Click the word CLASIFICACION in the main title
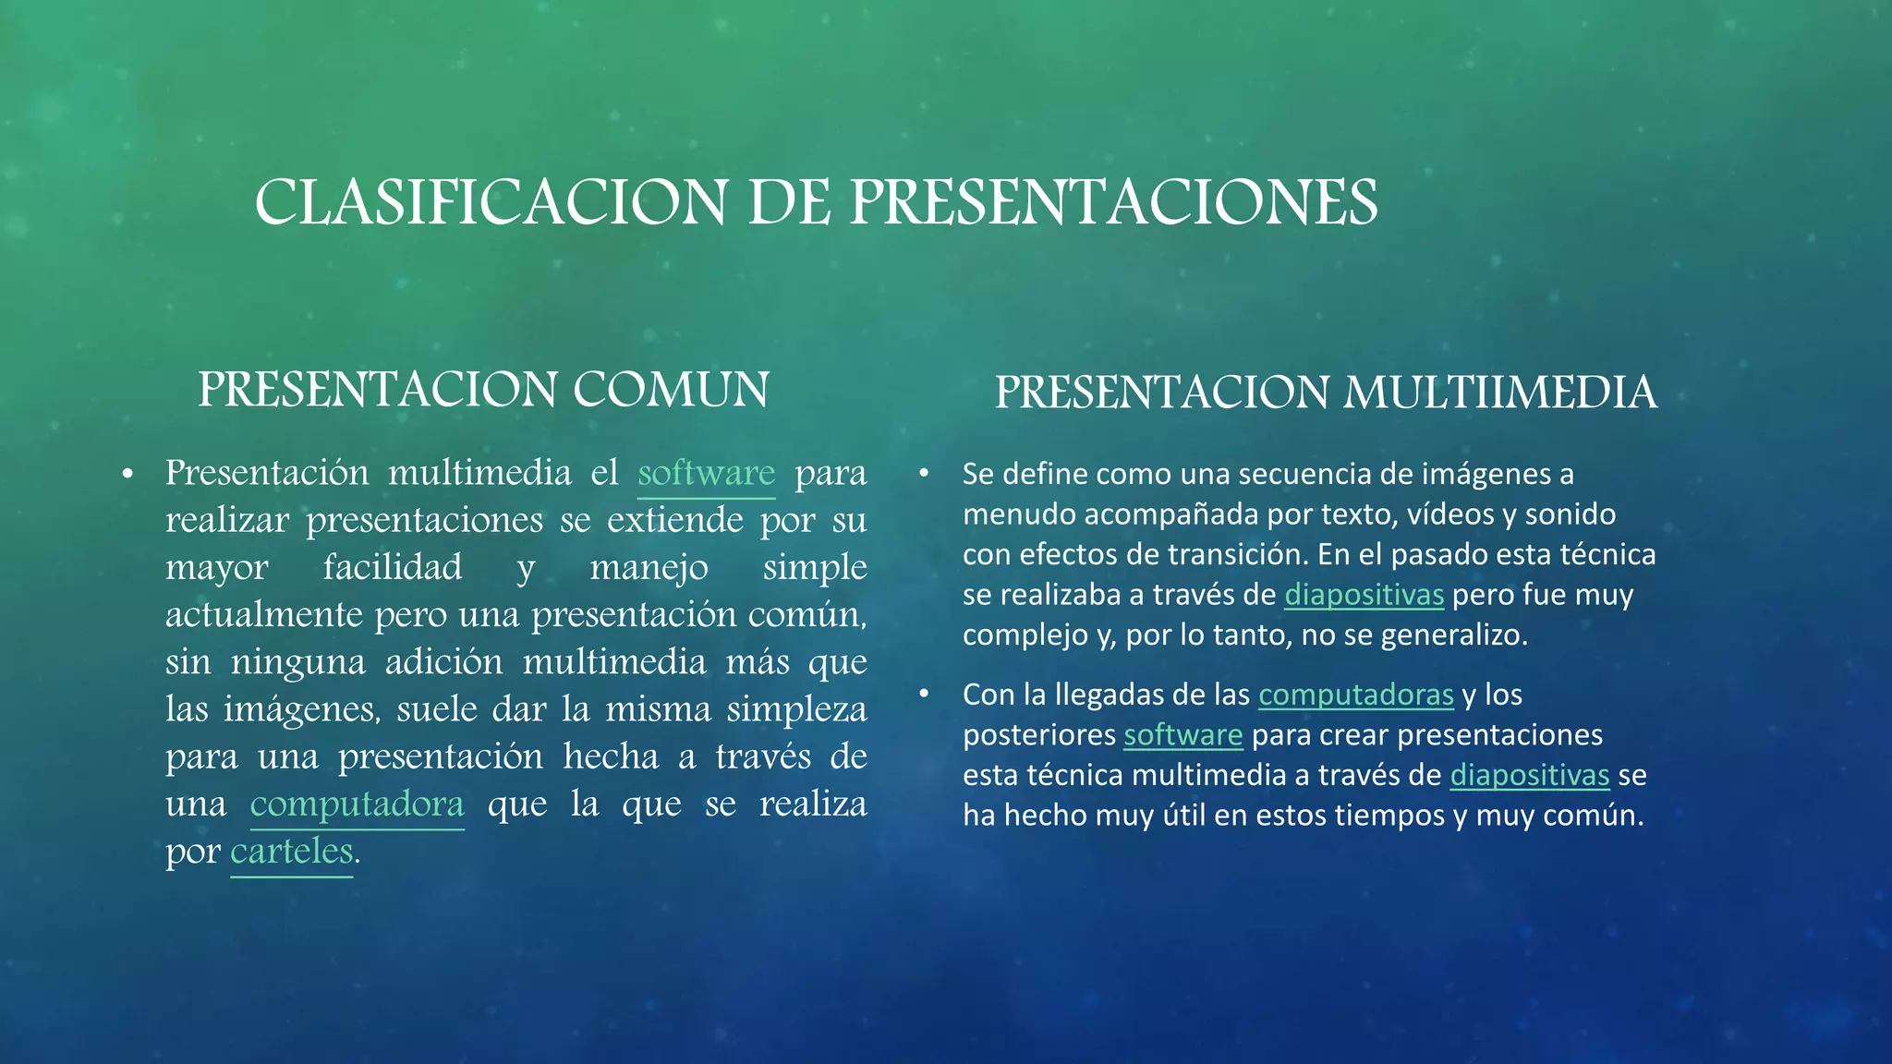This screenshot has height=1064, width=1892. coord(491,202)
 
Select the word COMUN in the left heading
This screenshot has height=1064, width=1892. coord(671,389)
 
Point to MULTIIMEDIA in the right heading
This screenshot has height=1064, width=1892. coord(1500,393)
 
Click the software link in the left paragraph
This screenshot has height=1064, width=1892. coord(706,473)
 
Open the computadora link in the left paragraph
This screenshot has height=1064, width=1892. coord(357,804)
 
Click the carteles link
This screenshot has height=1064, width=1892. coord(291,852)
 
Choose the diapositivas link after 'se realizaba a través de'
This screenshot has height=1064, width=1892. coord(1364,595)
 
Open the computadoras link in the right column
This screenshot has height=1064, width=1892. coord(1355,695)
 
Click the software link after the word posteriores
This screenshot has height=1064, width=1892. coord(1182,735)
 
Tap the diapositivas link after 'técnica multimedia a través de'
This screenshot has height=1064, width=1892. coord(1529,775)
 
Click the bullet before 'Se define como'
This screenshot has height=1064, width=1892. coord(923,473)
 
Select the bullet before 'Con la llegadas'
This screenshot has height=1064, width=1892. coord(923,694)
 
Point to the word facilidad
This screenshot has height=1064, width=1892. coord(393,567)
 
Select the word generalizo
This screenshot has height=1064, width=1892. coord(1453,635)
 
